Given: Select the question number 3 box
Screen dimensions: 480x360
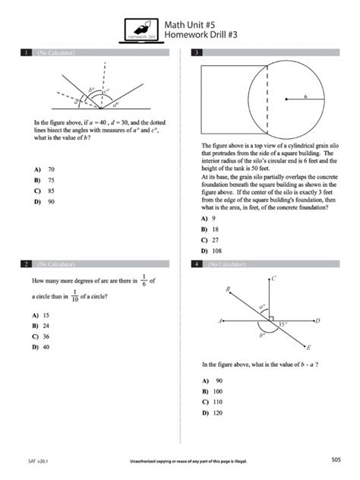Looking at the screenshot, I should tap(197, 52).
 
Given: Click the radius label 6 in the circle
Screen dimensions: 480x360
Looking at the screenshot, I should tap(305, 96).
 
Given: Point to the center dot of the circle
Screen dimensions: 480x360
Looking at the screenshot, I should tap(285, 99).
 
